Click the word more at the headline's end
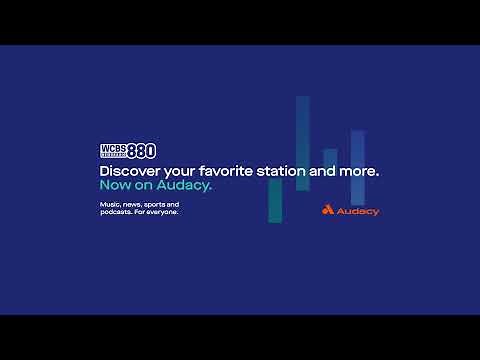[x=358, y=172]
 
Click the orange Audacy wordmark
[x=358, y=211]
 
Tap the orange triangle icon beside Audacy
[x=328, y=210]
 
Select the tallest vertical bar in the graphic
[x=302, y=142]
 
